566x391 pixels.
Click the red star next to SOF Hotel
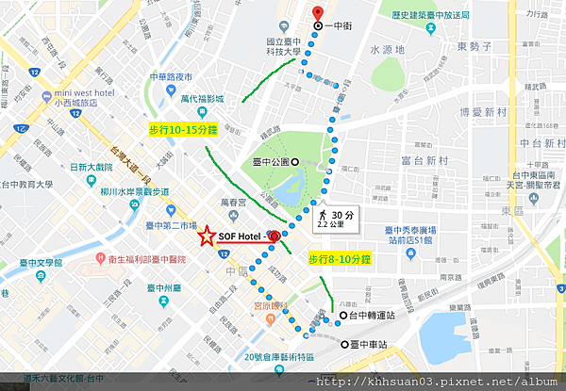coord(206,238)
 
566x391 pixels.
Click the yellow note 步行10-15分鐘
coord(184,129)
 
